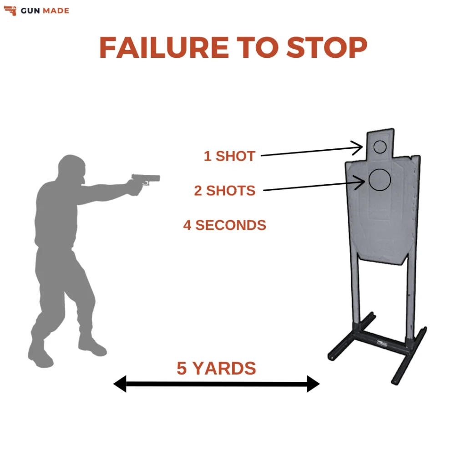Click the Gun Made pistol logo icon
coord(10,10)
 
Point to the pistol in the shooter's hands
coord(145,179)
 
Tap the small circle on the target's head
coord(380,147)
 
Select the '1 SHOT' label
coord(229,156)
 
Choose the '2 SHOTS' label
coord(224,190)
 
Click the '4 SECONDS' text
coord(224,225)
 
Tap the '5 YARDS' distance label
coord(216,368)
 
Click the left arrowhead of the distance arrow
coord(120,384)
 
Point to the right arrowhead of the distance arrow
coord(314,384)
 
